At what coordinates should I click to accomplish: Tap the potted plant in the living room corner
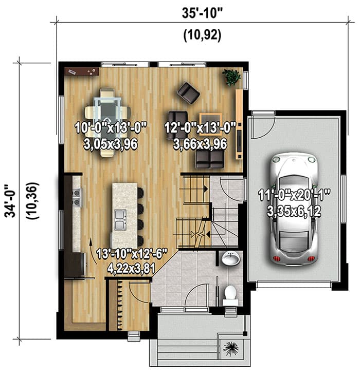pos(231,77)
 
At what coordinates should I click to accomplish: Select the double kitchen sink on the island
pos(120,219)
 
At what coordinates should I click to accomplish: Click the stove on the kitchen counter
pos(77,197)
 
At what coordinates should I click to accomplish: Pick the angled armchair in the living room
pos(188,92)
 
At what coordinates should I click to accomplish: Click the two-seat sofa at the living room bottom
pos(210,160)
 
